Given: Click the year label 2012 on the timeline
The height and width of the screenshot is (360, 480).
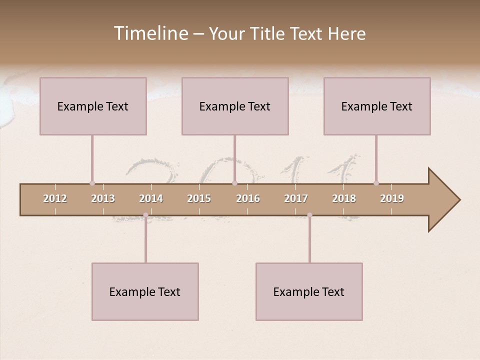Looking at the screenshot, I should (x=55, y=198).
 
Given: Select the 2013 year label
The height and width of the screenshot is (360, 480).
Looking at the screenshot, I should (x=103, y=198).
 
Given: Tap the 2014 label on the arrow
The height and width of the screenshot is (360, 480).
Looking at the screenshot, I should (x=151, y=198).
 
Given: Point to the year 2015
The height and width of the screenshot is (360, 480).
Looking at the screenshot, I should (x=199, y=198).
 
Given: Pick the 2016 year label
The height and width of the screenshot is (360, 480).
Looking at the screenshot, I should (x=248, y=198).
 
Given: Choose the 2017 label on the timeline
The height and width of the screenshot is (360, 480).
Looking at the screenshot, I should (x=296, y=198).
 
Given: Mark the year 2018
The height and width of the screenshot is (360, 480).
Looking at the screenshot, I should (x=344, y=198).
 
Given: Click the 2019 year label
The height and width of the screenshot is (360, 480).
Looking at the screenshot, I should (x=392, y=198).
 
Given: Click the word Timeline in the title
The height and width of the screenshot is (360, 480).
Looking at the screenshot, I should (x=150, y=33).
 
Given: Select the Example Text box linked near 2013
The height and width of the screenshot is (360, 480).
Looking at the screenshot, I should (x=93, y=106).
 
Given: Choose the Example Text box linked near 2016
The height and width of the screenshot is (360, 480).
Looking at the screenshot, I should (x=235, y=106).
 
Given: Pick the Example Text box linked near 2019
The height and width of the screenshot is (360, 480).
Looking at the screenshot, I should (x=377, y=106).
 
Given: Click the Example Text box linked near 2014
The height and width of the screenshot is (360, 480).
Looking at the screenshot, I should (x=145, y=291).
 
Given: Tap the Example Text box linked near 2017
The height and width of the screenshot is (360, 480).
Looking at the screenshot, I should (x=309, y=291).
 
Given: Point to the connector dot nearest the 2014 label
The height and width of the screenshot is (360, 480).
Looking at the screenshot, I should (x=145, y=215).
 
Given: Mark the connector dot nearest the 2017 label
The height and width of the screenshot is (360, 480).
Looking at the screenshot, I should (x=309, y=215).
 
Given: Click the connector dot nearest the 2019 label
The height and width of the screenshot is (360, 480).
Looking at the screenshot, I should (x=376, y=183).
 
